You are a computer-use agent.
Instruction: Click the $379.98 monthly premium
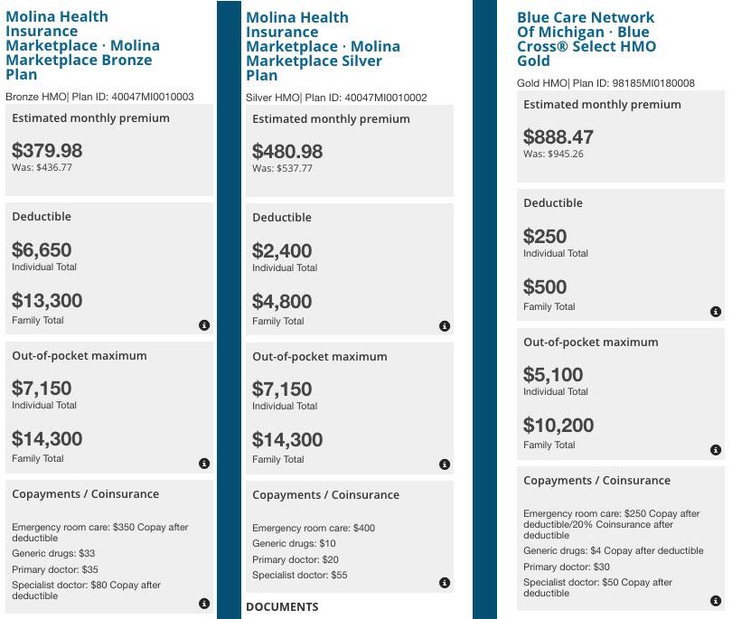pos(47,150)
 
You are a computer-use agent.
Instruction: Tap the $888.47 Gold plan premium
pos(558,136)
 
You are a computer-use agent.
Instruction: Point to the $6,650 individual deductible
pos(42,249)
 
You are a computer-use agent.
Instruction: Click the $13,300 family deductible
pos(47,301)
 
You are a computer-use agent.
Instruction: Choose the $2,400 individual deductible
pos(282,250)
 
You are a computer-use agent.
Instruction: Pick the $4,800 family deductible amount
pos(282,302)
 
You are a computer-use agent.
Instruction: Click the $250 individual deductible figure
pos(545,236)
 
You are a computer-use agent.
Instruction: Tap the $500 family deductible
pos(545,287)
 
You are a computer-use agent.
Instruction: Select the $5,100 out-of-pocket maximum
pos(553,374)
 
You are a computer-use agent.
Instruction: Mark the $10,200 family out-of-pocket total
pos(558,426)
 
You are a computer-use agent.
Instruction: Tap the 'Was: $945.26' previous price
pos(553,154)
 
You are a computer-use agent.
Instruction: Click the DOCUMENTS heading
pos(282,607)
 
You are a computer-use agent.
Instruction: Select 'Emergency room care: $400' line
pos(314,528)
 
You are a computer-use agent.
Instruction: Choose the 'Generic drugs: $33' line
pos(53,553)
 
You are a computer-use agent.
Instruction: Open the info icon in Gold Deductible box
pos(716,312)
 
